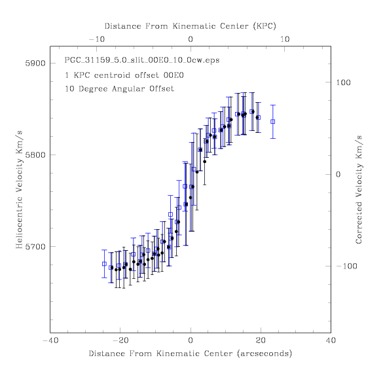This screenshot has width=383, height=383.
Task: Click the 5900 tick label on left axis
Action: click(x=35, y=64)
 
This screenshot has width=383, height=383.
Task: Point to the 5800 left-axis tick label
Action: click(x=35, y=155)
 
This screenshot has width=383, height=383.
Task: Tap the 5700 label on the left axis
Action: click(x=35, y=247)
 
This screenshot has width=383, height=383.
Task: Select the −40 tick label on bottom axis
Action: click(x=50, y=340)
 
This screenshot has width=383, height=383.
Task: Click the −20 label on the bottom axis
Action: click(x=120, y=340)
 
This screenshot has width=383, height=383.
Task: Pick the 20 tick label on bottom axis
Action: click(x=261, y=340)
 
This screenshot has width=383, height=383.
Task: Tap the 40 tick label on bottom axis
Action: click(x=331, y=340)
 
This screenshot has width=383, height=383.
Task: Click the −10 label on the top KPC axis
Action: click(x=97, y=39)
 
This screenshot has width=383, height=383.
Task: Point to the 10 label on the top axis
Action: click(x=285, y=39)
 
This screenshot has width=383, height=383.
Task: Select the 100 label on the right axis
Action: click(x=343, y=82)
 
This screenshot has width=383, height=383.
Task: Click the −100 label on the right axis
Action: click(x=346, y=266)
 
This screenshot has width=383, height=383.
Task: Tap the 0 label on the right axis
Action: click(x=338, y=174)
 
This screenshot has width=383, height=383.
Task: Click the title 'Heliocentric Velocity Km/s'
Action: click(x=19, y=190)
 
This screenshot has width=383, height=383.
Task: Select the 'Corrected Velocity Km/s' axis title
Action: click(x=359, y=190)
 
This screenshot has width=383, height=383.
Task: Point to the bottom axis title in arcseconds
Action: click(x=191, y=354)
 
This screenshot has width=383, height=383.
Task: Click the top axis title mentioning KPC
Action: click(x=191, y=26)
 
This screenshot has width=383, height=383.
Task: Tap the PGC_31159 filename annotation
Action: click(x=142, y=60)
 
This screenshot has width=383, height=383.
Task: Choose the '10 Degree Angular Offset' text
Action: click(x=119, y=88)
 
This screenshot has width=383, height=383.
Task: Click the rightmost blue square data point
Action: click(x=273, y=122)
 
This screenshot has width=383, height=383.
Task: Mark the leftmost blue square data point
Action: click(x=104, y=264)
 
